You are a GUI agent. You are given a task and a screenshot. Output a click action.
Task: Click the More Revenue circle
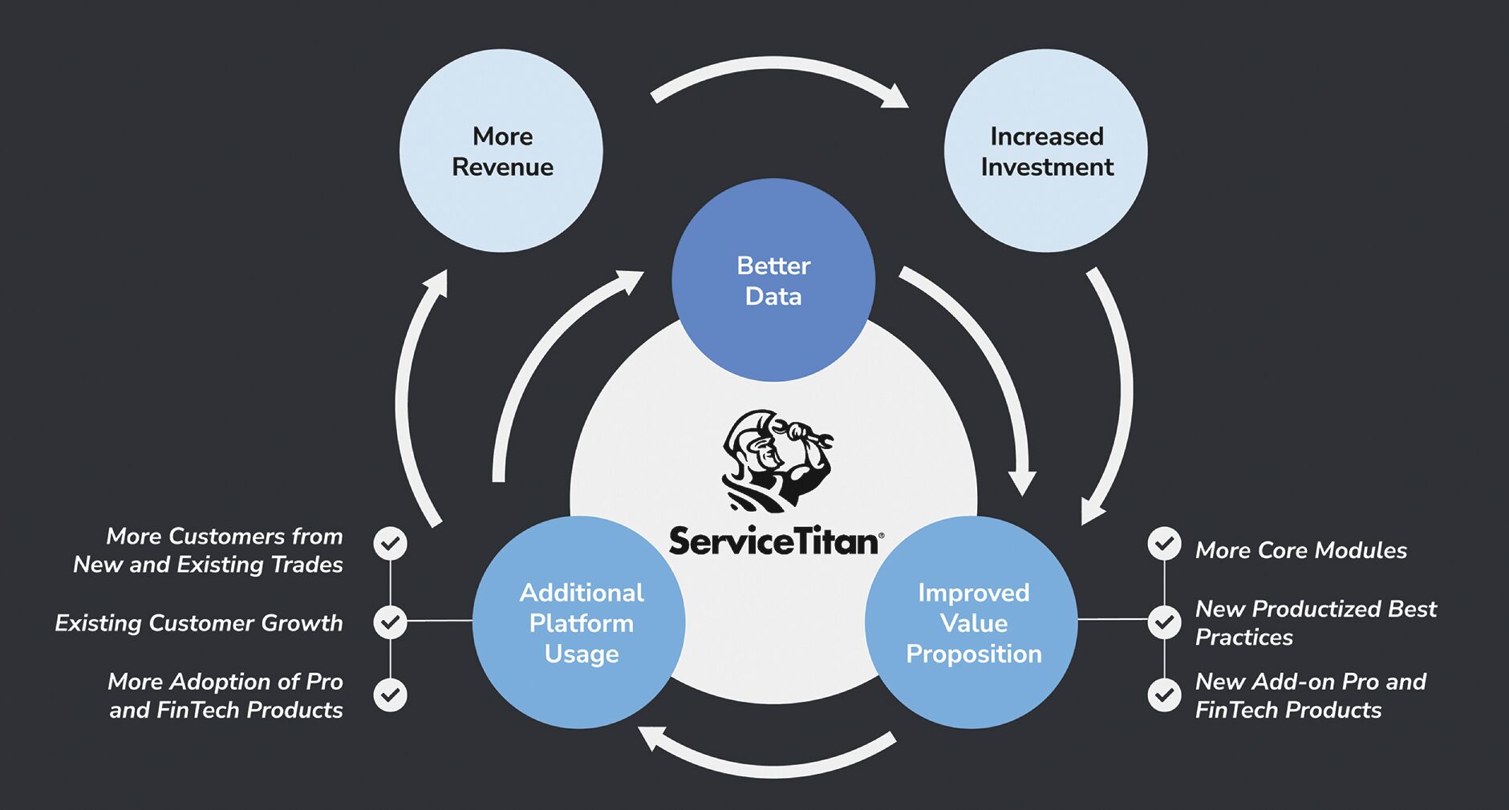(501, 151)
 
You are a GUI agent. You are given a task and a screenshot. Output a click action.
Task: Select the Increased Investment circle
(1046, 151)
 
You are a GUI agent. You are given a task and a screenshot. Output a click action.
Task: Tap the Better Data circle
(773, 280)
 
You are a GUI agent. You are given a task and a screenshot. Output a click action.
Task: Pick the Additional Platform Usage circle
(579, 622)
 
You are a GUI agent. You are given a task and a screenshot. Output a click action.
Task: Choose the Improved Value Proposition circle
(972, 622)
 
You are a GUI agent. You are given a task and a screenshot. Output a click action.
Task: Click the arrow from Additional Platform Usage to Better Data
(546, 353)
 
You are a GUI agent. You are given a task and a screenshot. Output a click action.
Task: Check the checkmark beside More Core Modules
(1164, 544)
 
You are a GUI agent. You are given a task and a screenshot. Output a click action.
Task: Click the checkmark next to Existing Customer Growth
(391, 622)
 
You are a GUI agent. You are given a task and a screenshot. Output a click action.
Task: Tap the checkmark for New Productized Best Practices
(1164, 622)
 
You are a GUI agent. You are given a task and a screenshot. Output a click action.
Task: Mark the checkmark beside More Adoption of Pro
(391, 695)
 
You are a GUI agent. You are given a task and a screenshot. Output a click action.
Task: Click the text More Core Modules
(1300, 550)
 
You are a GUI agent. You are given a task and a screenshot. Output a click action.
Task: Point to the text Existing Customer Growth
(199, 623)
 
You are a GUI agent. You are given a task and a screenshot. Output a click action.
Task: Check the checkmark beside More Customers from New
(391, 544)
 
